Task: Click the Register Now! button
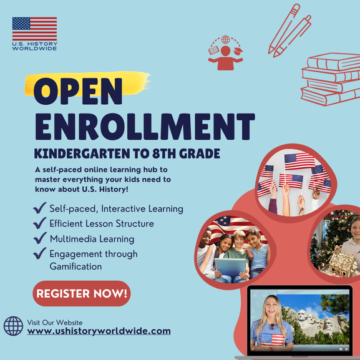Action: coord(82,293)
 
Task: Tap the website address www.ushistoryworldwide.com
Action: coord(99,331)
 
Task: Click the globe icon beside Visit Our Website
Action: coord(13,326)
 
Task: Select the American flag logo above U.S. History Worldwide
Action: coord(35,29)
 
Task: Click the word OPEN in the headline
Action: coord(78,91)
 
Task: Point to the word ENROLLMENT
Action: coord(145,127)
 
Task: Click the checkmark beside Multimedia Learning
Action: coord(40,238)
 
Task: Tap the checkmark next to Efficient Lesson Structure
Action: coord(40,223)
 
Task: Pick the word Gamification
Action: coord(75,266)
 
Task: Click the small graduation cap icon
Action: coord(238,51)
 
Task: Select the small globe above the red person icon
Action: coord(225,39)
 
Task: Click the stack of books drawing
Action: coord(331,79)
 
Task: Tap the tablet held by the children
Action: coord(230,267)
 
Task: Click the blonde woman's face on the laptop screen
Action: coord(271,308)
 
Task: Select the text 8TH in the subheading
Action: coord(164,153)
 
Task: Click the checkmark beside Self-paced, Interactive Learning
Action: coord(40,208)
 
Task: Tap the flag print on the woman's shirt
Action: coord(271,339)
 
